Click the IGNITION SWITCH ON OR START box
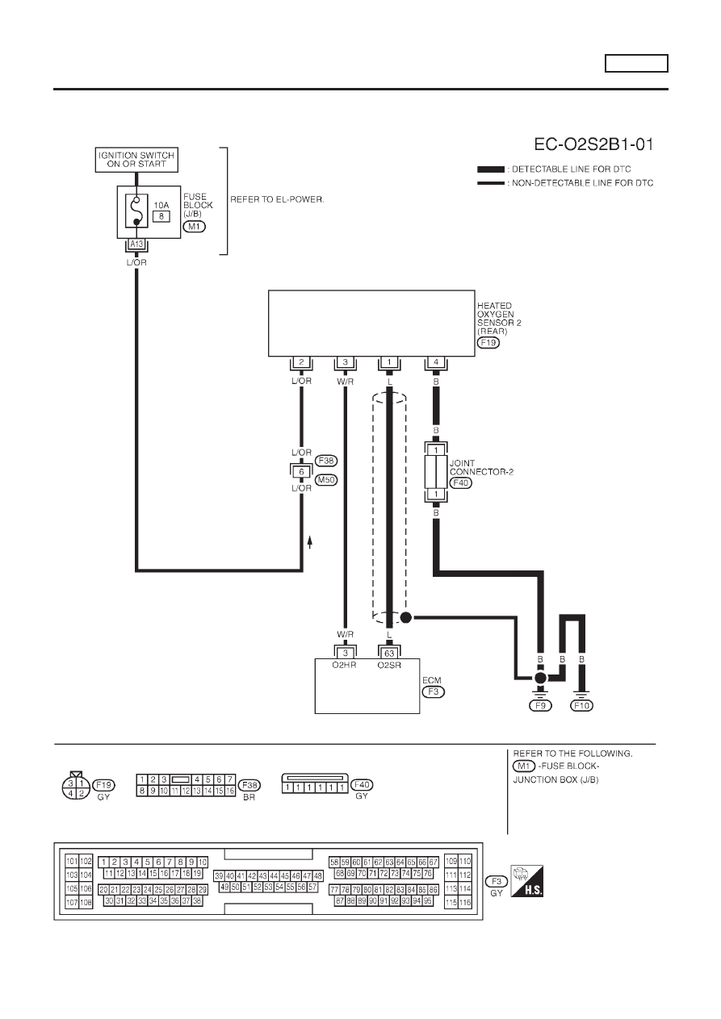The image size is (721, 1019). click(x=136, y=160)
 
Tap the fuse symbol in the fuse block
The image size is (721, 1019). click(x=136, y=211)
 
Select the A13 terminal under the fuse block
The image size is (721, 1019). click(x=136, y=244)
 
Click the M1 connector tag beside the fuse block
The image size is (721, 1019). click(x=195, y=227)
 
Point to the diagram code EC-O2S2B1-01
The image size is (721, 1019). click(x=593, y=144)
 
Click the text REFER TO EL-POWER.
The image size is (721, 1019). click(x=277, y=200)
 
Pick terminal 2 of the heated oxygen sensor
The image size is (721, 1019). click(x=301, y=362)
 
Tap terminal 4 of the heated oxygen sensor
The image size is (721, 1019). click(x=436, y=362)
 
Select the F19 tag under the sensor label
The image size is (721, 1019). click(x=488, y=343)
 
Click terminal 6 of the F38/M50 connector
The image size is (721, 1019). click(x=301, y=472)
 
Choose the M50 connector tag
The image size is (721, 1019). click(x=326, y=480)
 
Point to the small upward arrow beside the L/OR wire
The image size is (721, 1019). click(x=310, y=542)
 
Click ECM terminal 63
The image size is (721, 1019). click(x=389, y=654)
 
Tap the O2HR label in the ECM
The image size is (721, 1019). click(x=344, y=665)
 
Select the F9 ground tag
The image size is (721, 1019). click(x=540, y=706)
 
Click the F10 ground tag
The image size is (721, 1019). click(x=581, y=706)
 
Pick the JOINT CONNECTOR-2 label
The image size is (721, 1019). click(x=481, y=468)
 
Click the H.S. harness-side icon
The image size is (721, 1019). click(x=527, y=881)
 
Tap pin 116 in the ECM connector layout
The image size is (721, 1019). click(x=465, y=902)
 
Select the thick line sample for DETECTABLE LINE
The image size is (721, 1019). click(x=491, y=169)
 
